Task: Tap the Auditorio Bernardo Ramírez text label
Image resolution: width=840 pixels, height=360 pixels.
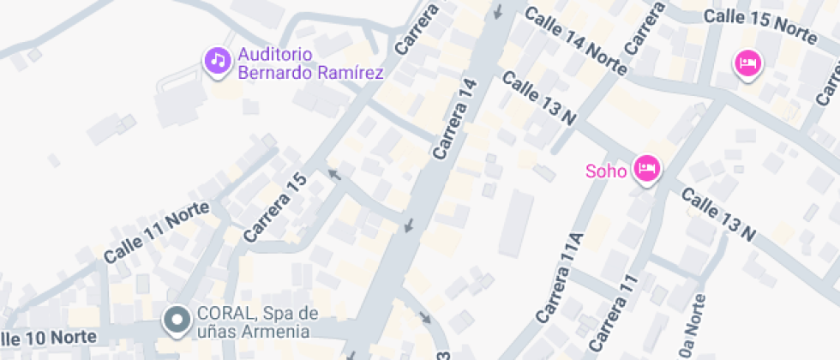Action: click(x=309, y=63)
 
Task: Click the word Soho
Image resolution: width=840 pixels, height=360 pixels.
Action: click(x=606, y=170)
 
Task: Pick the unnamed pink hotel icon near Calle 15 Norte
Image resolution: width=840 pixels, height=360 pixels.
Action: click(x=747, y=63)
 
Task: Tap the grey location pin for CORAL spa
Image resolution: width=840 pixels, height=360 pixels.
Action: click(x=177, y=321)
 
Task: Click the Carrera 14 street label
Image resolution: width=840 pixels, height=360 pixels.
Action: click(x=455, y=118)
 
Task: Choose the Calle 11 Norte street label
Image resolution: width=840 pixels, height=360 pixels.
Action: click(x=151, y=232)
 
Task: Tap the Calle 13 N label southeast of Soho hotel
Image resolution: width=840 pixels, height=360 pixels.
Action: click(x=718, y=213)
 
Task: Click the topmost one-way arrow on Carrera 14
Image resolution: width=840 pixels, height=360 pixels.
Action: click(x=499, y=11)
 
